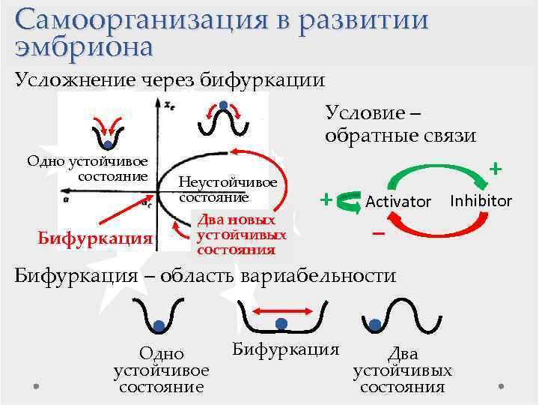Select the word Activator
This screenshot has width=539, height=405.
pyautogui.click(x=398, y=202)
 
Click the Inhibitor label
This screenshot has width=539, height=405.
pyautogui.click(x=481, y=201)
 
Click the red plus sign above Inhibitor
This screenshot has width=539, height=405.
pyautogui.click(x=495, y=169)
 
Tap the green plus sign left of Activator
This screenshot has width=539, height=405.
pyautogui.click(x=326, y=199)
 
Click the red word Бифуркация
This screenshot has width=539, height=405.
pyautogui.click(x=95, y=238)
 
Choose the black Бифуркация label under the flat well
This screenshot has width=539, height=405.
pyautogui.click(x=286, y=349)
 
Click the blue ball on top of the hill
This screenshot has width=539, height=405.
pyautogui.click(x=224, y=104)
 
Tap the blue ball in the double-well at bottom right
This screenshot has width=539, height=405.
pyautogui.click(x=373, y=324)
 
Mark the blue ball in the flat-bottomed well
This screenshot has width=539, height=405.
pyautogui.click(x=281, y=324)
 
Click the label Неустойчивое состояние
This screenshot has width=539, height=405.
pyautogui.click(x=228, y=190)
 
